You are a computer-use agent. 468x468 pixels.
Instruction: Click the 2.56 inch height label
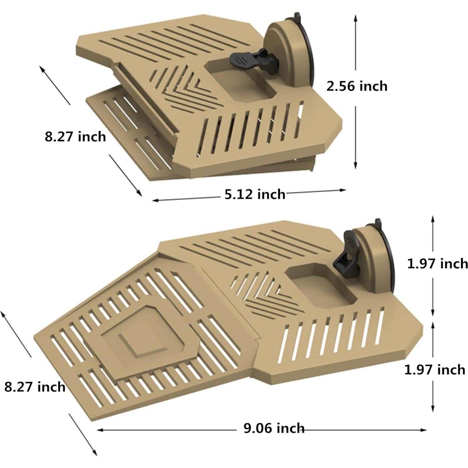coord(357,86)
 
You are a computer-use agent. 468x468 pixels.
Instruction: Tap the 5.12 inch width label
coord(255,194)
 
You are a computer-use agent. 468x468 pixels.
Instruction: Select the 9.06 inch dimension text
coord(274,428)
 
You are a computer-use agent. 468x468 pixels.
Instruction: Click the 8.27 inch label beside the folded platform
coord(75,137)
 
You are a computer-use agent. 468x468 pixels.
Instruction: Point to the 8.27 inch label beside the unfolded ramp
coord(35,387)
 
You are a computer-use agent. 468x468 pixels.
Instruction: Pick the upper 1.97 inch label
coord(437,264)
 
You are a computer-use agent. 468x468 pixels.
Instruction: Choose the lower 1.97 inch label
coord(435,370)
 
